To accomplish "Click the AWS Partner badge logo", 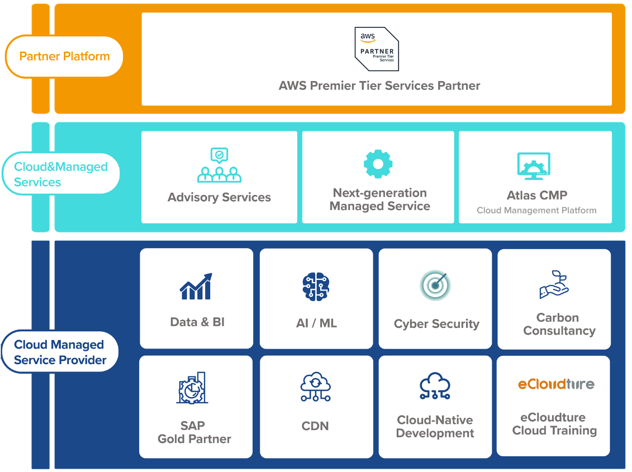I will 377,49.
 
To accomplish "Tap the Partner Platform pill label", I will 64,56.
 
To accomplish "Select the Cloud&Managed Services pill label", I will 61,174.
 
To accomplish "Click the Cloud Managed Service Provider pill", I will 60,352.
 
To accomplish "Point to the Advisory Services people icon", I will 219,166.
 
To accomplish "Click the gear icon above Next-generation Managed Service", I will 378,164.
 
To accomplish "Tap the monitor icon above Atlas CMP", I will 534,166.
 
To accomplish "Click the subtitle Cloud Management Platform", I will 536,211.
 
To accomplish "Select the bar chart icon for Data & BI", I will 196,286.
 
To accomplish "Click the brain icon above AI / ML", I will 316,287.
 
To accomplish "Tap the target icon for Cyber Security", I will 435,286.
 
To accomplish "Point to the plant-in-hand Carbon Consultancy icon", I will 554,284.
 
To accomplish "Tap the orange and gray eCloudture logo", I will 555,384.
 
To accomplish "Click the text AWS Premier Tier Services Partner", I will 379,86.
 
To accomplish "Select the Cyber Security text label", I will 436,324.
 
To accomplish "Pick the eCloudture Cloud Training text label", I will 554,424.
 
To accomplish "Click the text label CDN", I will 315,426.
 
